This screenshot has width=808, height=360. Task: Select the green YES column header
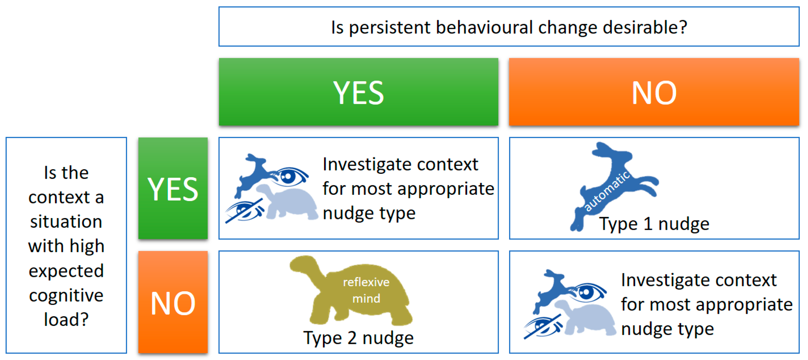(x=358, y=92)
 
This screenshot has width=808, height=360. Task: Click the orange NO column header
(x=654, y=92)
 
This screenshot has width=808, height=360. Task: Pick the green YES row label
(x=173, y=188)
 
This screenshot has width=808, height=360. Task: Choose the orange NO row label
(x=173, y=302)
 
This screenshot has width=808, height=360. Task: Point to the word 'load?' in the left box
(x=66, y=319)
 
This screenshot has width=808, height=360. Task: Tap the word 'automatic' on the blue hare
(x=607, y=191)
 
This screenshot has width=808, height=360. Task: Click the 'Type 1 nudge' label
(x=654, y=224)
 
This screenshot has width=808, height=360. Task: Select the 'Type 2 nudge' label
(x=358, y=338)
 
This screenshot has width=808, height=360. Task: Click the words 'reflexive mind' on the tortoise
(x=366, y=290)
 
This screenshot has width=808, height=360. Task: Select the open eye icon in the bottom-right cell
(x=588, y=292)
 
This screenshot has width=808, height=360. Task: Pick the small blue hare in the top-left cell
(x=252, y=174)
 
